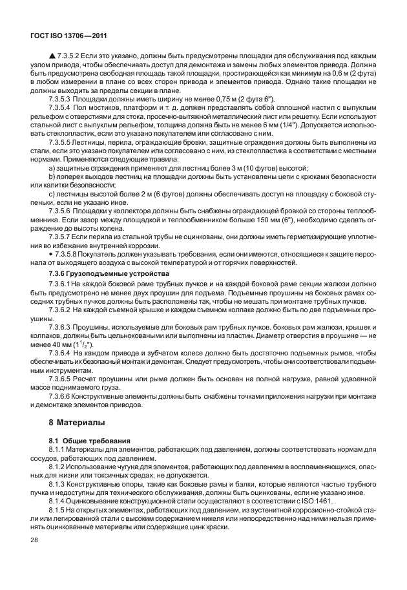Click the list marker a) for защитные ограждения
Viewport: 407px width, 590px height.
point(52,169)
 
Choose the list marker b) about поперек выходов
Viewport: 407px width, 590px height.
point(52,176)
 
